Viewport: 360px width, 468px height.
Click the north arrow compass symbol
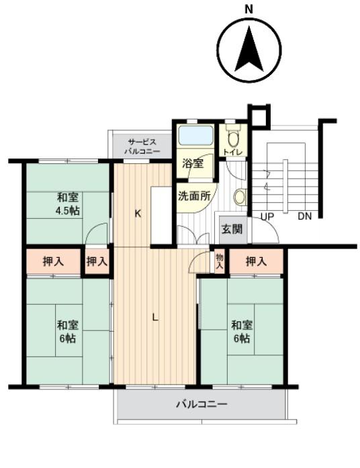click(x=249, y=50)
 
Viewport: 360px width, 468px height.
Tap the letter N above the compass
click(x=249, y=9)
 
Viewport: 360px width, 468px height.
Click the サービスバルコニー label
click(x=142, y=146)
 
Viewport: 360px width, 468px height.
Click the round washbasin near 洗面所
click(x=240, y=197)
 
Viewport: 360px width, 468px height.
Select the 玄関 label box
click(x=232, y=229)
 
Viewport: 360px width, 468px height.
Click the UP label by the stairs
click(x=268, y=216)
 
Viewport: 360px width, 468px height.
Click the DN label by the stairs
click(x=304, y=216)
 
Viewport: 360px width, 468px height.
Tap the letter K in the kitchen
click(x=137, y=214)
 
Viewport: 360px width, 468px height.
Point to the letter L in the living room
click(x=155, y=318)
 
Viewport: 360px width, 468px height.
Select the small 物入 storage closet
click(x=220, y=261)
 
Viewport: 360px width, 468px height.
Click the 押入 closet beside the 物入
click(x=256, y=261)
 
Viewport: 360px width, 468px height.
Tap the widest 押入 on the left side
click(x=53, y=261)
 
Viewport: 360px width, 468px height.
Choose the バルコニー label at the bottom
click(x=201, y=405)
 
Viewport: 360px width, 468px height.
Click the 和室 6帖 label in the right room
click(x=242, y=332)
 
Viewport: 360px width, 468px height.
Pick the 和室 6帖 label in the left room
click(x=68, y=332)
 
